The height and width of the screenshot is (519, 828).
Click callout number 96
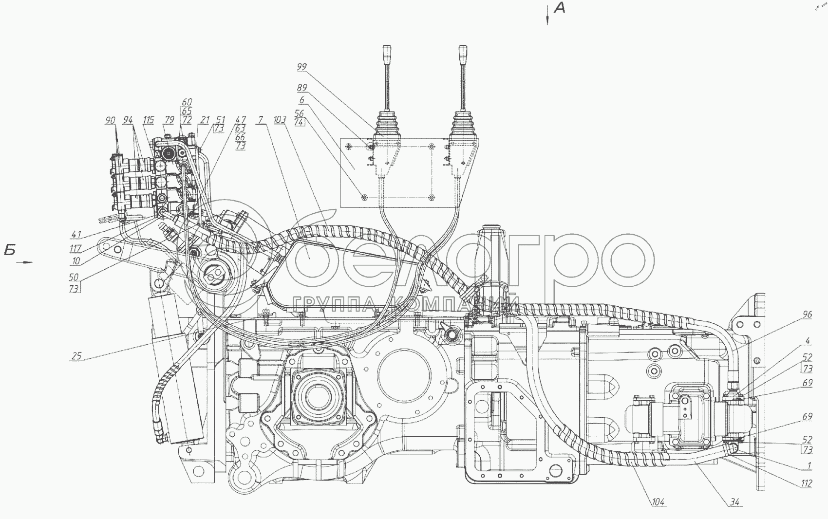808,315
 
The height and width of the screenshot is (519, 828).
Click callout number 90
110,120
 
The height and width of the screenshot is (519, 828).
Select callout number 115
149,120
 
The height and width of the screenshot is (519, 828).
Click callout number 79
169,120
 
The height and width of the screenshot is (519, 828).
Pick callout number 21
205,120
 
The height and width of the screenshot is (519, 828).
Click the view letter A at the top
560,8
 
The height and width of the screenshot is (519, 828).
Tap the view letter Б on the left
11,251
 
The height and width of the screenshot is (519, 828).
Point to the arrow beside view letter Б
24,262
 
